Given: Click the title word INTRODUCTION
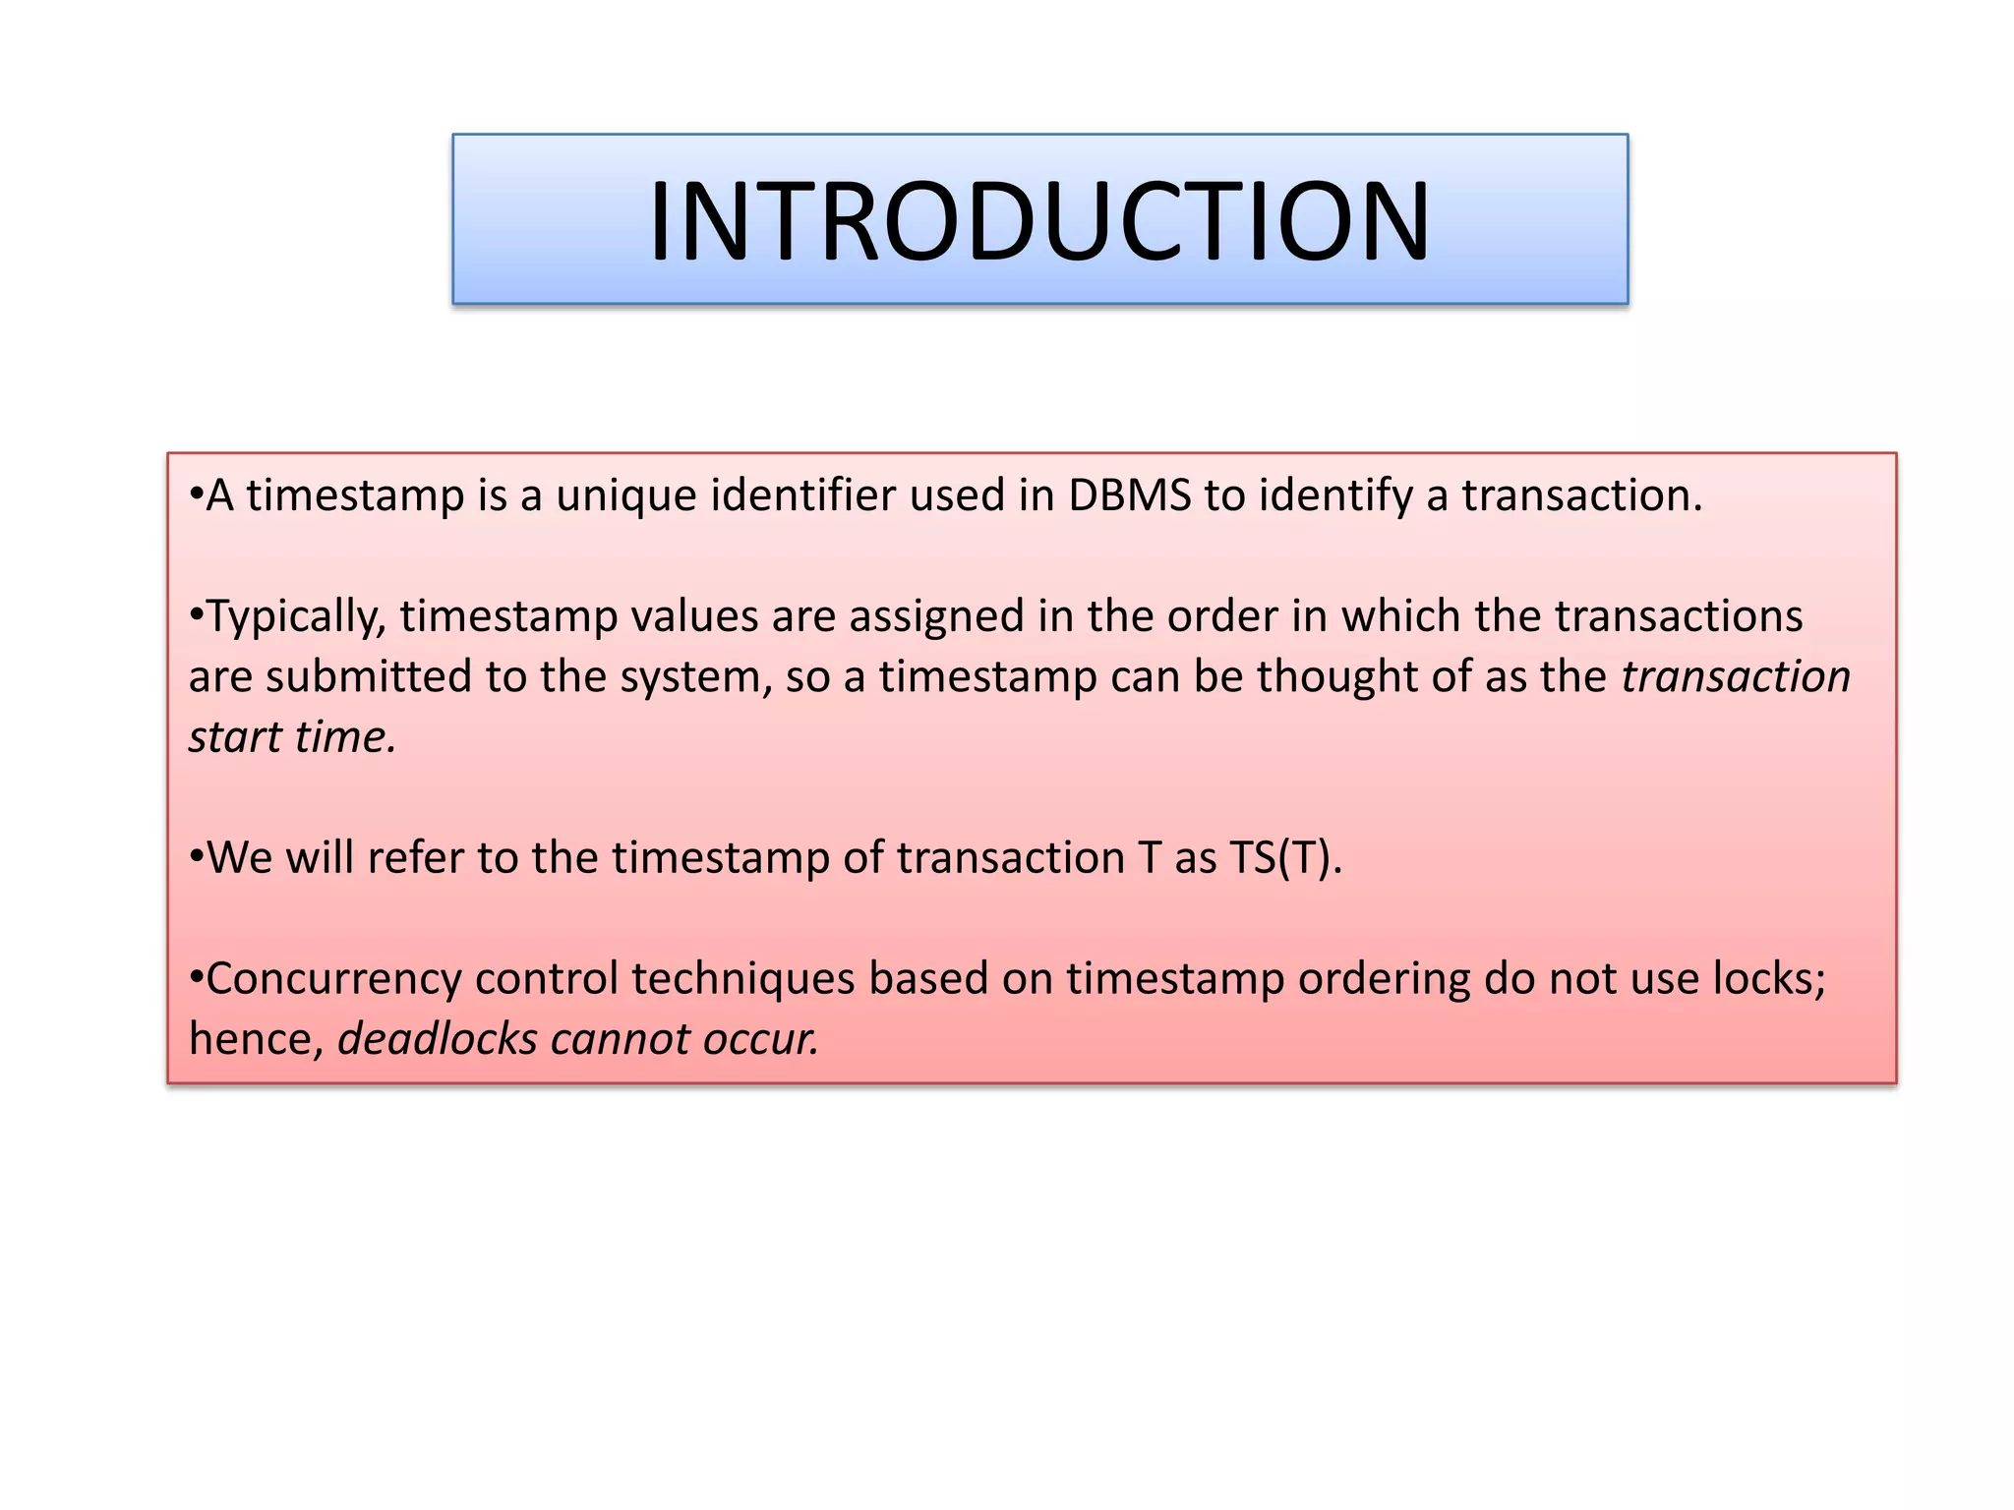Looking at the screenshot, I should click(x=1039, y=221).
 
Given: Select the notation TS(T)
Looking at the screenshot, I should click(x=1285, y=858).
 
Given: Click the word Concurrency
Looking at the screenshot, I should click(x=333, y=980).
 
